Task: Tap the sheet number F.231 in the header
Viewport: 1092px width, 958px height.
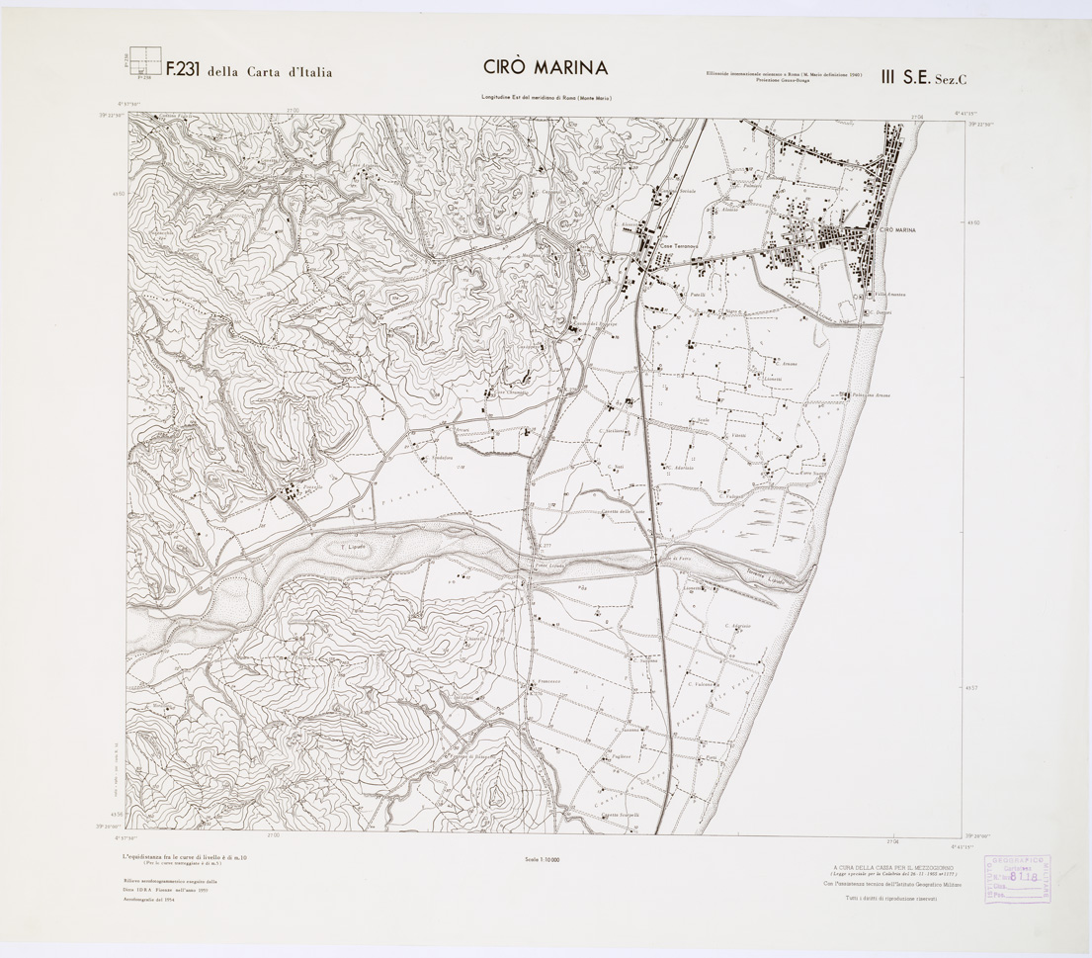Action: tap(183, 70)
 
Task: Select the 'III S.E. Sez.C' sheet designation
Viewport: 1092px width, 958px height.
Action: tap(915, 70)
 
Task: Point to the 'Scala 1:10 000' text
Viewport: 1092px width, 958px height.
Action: tap(544, 859)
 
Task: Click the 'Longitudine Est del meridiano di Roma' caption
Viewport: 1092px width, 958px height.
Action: tap(546, 98)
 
